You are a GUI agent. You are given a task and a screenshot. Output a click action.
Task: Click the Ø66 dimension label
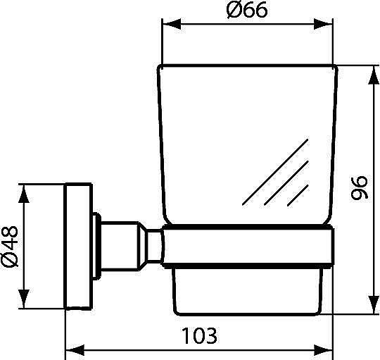[x=247, y=13]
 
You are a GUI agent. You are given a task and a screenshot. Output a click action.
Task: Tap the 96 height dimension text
[x=359, y=189]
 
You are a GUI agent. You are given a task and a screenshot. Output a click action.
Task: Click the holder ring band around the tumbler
[x=246, y=246]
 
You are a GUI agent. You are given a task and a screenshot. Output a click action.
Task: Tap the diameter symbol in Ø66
[x=234, y=13]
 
